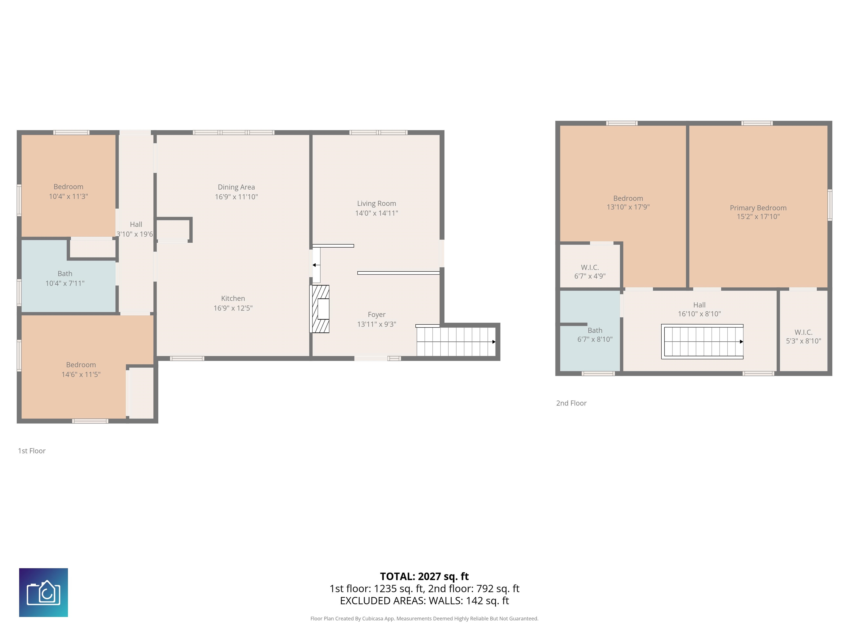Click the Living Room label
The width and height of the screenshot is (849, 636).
pos(376,203)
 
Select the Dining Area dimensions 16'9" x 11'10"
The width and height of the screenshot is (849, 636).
pos(236,197)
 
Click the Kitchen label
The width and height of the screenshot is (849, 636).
pos(233,298)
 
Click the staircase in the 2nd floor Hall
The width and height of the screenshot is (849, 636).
pos(702,341)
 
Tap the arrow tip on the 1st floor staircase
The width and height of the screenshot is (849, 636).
pos(494,341)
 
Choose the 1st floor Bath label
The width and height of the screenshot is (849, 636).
pos(65,273)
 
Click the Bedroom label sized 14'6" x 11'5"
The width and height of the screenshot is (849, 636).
pos(81,365)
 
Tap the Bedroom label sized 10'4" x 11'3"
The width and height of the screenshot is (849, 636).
pos(68,187)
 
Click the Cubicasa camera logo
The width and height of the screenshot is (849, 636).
pos(43,592)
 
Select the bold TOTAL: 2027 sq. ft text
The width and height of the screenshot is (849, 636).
pos(424,576)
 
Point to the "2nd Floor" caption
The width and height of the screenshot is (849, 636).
pos(571,403)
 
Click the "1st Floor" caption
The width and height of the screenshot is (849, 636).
pos(32,451)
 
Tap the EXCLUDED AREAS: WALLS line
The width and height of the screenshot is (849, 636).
pos(424,600)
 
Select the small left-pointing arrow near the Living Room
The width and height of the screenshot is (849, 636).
pos(314,265)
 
